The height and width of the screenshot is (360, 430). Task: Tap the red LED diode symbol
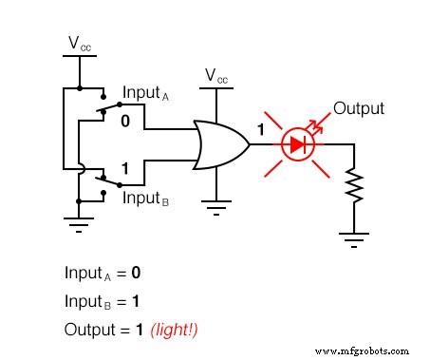point(300,144)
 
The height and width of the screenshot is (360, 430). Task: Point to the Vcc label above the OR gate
point(216,76)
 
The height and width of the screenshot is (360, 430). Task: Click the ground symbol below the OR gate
point(216,200)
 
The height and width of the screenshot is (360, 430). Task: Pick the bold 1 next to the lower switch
point(124,169)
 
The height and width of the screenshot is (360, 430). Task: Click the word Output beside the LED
point(359,108)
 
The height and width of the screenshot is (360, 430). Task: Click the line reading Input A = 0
point(103,273)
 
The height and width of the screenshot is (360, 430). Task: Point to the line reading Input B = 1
point(103,301)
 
